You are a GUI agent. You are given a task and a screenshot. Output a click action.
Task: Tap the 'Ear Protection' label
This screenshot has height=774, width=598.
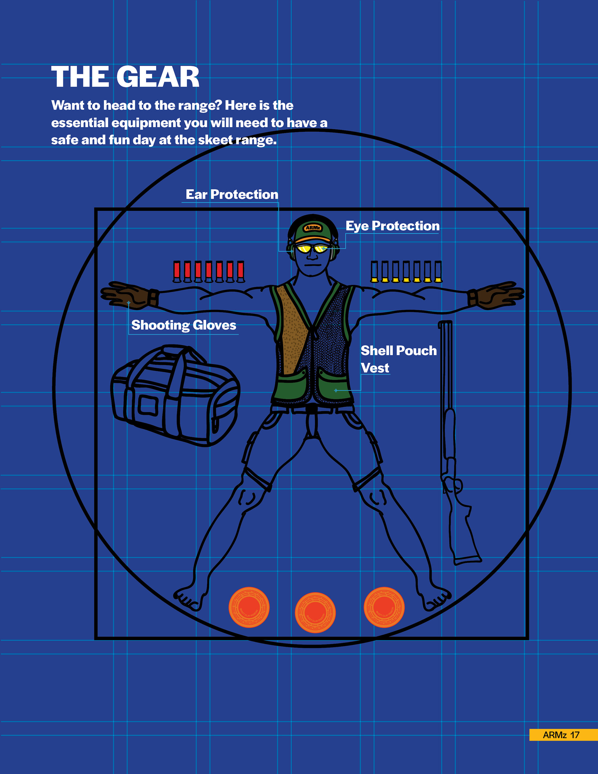[232, 195]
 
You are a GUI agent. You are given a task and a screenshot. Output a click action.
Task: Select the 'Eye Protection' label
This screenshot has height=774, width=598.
[392, 226]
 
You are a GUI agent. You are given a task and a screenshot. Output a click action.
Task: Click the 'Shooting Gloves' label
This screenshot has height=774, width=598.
[184, 325]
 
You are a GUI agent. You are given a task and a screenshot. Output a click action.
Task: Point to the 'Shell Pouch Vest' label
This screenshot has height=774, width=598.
[398, 359]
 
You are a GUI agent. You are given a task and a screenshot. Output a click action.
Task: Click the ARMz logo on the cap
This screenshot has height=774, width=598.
[313, 227]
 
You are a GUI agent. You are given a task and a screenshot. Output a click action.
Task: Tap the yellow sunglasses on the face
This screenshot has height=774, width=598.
[312, 249]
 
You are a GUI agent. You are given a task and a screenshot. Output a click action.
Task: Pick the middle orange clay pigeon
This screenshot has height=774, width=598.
[315, 612]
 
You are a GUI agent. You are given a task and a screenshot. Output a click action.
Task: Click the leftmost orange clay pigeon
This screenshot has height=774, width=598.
[249, 607]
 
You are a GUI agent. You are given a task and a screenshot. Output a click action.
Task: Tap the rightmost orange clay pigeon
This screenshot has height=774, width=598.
[384, 607]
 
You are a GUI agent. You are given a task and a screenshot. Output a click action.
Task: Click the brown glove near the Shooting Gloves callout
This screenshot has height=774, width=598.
[129, 295]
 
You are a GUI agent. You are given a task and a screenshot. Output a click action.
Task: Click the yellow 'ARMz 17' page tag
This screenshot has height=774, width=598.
[563, 735]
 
